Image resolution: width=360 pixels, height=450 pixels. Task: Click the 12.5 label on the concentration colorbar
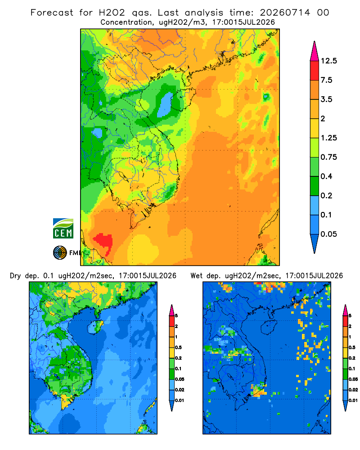(328, 61)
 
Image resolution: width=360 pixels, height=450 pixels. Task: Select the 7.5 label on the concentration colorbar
(326, 80)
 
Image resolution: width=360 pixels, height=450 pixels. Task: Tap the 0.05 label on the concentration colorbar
(328, 234)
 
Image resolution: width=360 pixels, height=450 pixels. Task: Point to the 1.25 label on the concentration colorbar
(328, 138)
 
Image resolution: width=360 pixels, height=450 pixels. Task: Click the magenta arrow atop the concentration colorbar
(315, 52)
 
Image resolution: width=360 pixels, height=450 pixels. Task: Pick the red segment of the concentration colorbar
(315, 71)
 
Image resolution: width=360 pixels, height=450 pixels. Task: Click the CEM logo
(63, 229)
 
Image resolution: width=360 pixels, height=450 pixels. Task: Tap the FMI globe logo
(60, 253)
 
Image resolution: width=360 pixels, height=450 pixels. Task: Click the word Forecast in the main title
(52, 13)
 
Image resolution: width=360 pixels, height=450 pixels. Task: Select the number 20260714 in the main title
(285, 13)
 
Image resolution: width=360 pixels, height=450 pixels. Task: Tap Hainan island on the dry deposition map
(96, 327)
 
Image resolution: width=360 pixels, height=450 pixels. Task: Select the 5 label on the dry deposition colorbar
(176, 316)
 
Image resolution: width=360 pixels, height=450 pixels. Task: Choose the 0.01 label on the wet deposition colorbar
(353, 400)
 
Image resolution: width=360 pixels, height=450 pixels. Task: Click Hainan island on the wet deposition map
(269, 327)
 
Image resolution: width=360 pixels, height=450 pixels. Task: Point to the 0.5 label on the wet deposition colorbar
(352, 347)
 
